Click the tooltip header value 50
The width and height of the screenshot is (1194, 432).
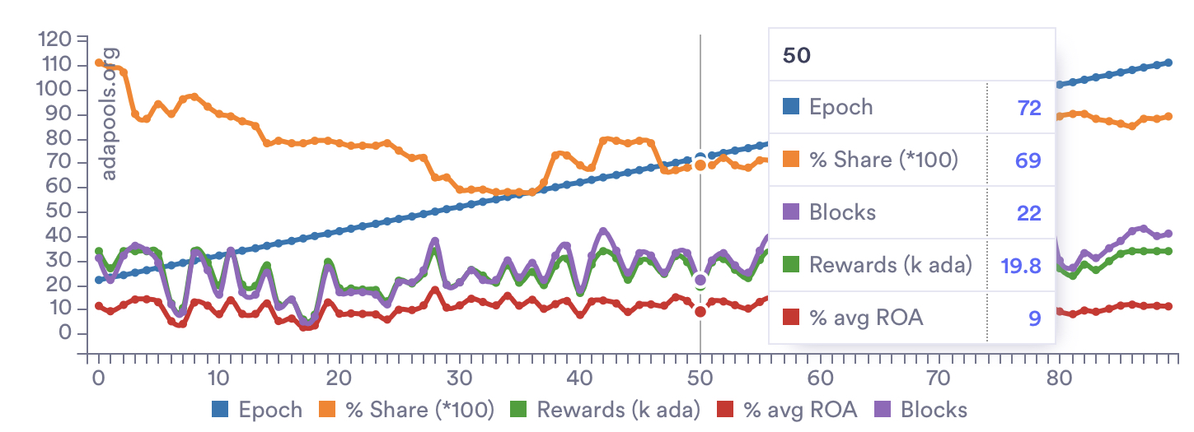(797, 56)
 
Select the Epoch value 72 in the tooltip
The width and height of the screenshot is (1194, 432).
(1029, 107)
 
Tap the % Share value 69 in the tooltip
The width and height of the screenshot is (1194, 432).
(1029, 160)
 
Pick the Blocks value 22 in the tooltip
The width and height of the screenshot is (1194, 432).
(1029, 212)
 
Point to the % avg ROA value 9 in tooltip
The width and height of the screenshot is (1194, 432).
(1035, 318)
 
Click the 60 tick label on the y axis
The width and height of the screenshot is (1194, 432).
(57, 187)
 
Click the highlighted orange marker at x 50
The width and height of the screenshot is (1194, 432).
(700, 165)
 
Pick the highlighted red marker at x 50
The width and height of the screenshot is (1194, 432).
(700, 311)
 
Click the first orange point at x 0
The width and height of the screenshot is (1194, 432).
(99, 63)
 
